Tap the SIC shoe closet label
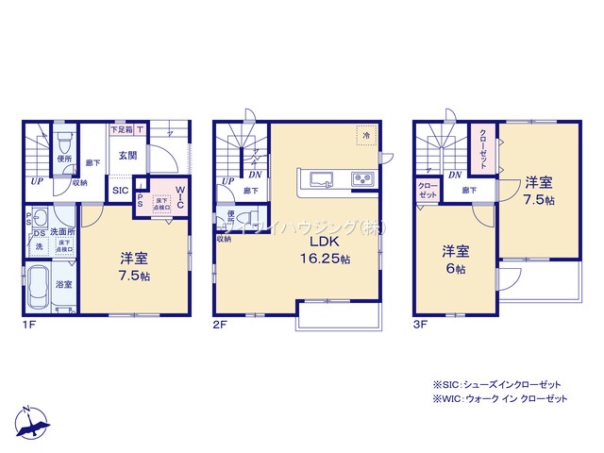click(x=121, y=191)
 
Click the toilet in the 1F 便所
click(x=63, y=144)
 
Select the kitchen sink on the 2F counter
click(x=318, y=178)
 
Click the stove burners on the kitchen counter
click(x=362, y=178)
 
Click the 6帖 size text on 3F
click(x=456, y=269)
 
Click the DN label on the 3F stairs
click(x=455, y=176)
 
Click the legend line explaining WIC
click(x=500, y=400)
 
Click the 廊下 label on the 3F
click(x=469, y=191)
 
